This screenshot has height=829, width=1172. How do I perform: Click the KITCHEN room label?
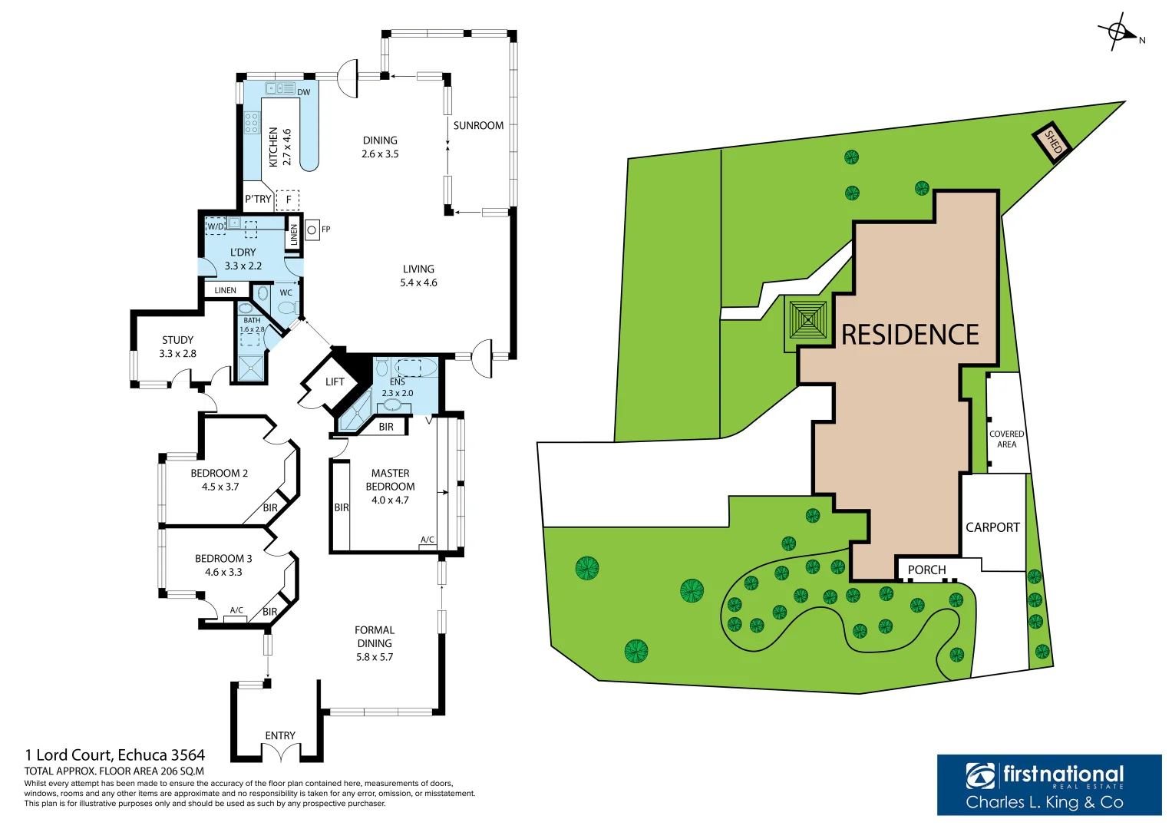pos(273,147)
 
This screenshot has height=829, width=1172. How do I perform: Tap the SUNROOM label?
pos(478,125)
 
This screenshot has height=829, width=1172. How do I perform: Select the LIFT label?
pos(335,381)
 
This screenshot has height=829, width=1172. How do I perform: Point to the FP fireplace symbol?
pos(312,230)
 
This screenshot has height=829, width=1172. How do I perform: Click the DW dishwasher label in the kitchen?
pos(303,92)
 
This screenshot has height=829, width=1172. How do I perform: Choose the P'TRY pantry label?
pos(258,199)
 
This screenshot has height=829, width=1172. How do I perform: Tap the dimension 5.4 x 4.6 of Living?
pos(418,282)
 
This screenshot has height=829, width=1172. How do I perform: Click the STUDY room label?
pos(177,340)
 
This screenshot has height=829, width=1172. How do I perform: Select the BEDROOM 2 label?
pos(219,474)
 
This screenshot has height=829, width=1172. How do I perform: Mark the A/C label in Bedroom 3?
pos(236,610)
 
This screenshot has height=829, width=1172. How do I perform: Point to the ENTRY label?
pos(280,735)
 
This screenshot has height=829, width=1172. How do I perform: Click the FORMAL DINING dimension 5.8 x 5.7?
pos(375,657)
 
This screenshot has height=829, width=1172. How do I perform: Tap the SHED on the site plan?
pos(1053,143)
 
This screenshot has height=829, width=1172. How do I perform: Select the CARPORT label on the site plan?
pos(992,527)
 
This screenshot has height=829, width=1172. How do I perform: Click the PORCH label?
pos(926,570)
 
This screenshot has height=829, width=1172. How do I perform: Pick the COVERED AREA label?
pos(1006,439)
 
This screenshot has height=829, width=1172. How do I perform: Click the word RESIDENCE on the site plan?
pos(910,335)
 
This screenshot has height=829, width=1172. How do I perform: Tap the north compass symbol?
pos(1118,32)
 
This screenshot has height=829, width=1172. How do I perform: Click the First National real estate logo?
pos(1048,784)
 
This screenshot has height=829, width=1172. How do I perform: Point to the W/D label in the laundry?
pos(216,226)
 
